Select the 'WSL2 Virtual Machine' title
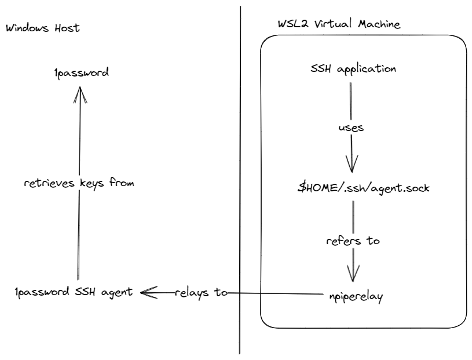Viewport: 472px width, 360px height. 339,25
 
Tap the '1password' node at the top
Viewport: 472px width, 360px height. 79,73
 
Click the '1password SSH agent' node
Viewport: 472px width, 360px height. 75,293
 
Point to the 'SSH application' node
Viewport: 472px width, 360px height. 354,68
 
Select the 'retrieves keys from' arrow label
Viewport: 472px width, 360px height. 79,183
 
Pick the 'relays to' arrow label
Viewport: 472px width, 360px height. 200,293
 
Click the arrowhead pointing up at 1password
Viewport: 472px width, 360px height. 79,97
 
